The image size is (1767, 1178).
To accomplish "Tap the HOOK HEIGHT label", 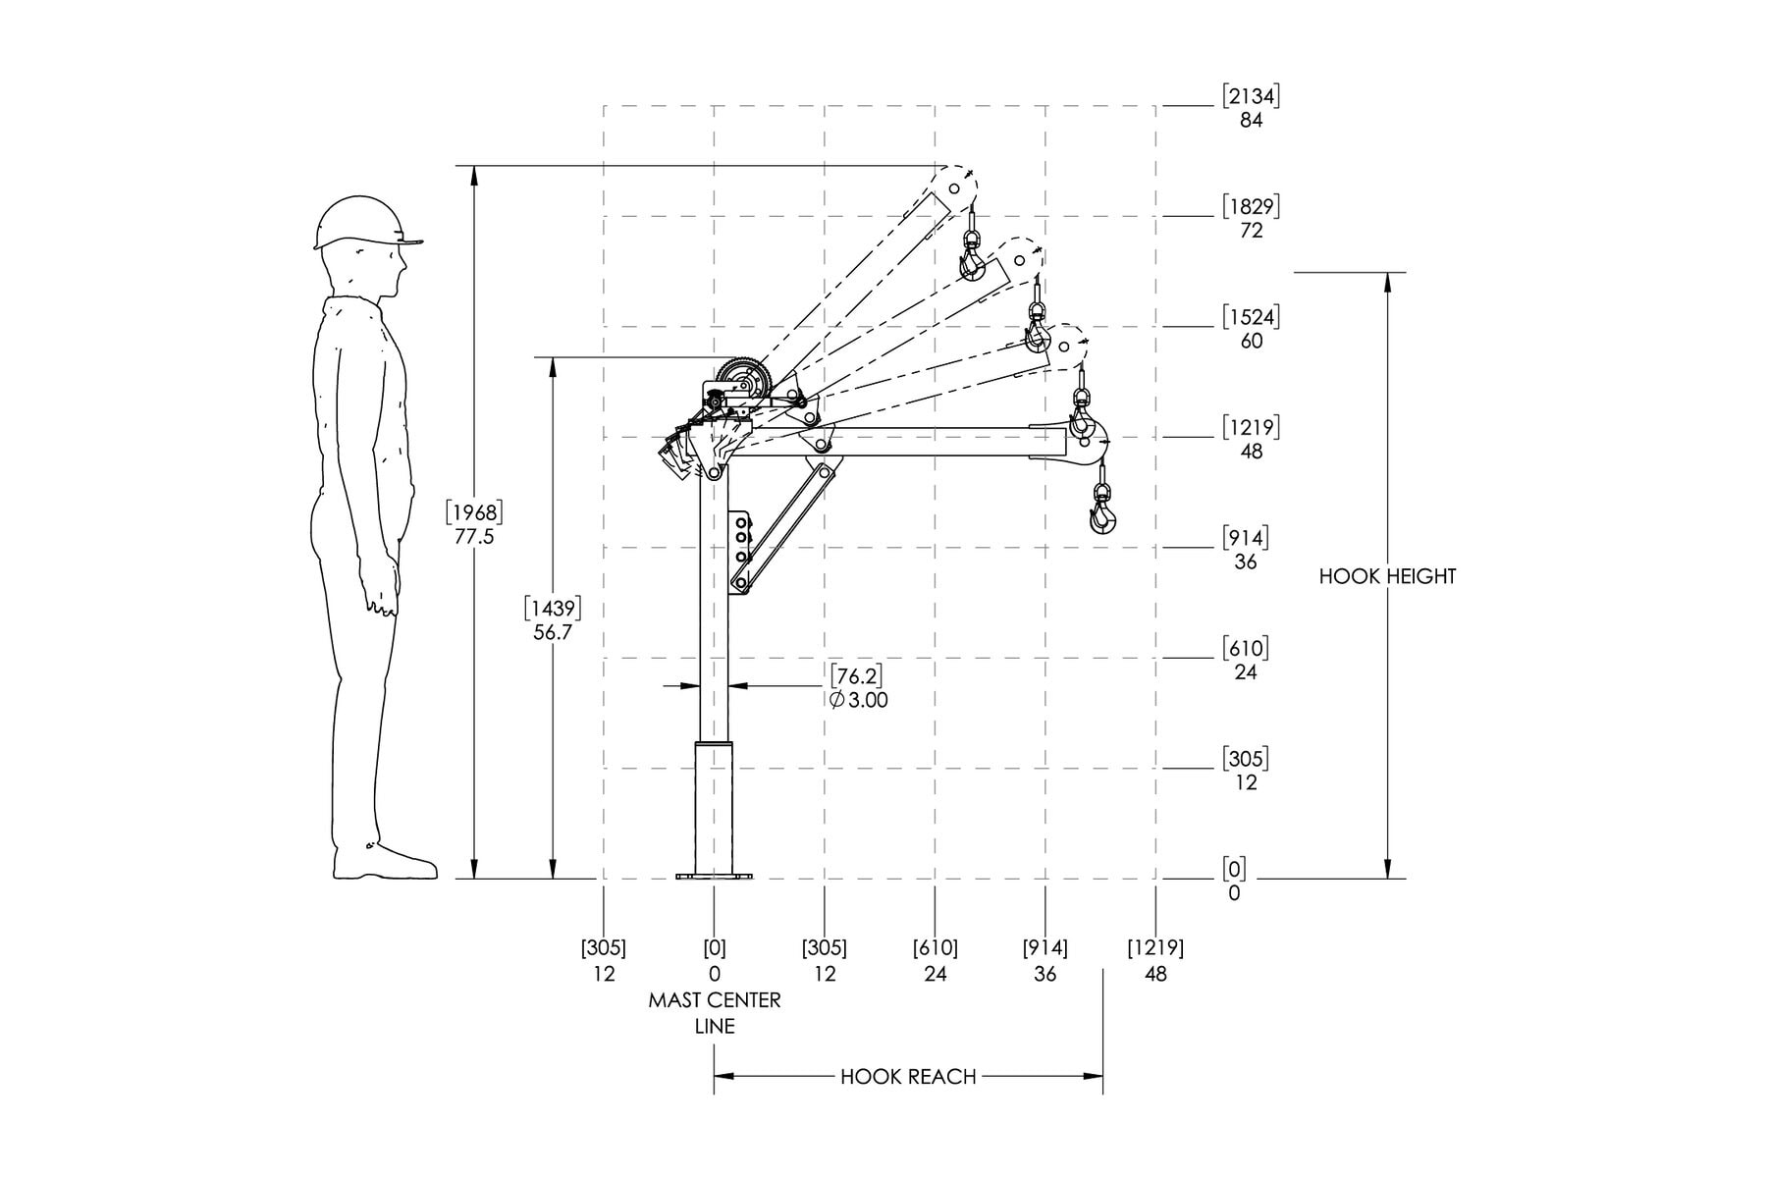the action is tap(1387, 576).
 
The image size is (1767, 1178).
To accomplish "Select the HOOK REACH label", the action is tap(908, 1077).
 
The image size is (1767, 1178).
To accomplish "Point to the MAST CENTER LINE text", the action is tap(715, 1013).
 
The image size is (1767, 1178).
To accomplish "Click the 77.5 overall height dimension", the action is tap(474, 537).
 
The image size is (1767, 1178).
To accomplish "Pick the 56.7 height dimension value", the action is tap(553, 633).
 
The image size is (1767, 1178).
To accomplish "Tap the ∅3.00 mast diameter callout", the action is tap(859, 700).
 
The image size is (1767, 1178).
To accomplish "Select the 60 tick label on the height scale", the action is tap(1252, 342).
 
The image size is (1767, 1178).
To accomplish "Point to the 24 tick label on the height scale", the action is tap(1246, 672).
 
